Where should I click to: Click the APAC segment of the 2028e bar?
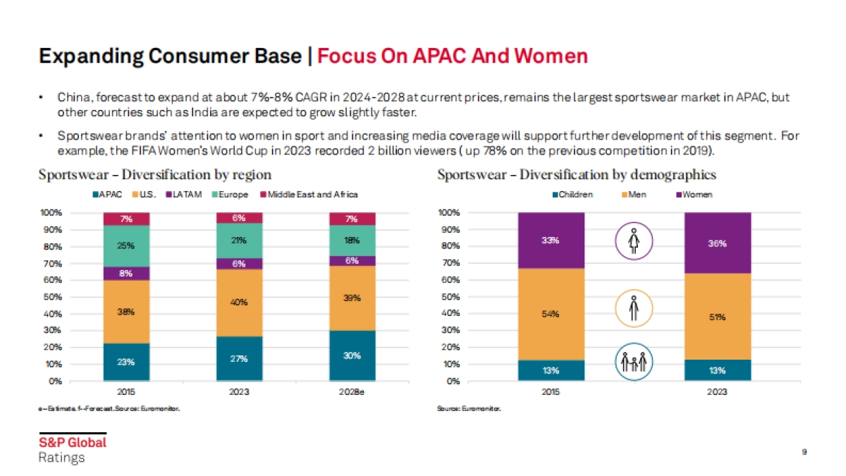click(352, 355)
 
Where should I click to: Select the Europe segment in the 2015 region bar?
click(126, 246)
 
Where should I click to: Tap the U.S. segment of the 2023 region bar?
click(240, 303)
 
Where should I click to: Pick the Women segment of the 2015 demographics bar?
click(551, 240)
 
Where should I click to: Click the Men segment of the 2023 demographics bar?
click(717, 317)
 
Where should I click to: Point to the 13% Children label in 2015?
click(551, 370)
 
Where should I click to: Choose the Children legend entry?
click(572, 195)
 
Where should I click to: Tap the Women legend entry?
click(694, 195)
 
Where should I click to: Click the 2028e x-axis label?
click(352, 391)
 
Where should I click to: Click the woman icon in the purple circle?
click(634, 240)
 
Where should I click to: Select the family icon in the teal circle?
click(634, 362)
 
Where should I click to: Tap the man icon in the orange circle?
click(634, 309)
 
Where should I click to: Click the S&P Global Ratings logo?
click(72, 449)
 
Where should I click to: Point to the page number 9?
click(804, 451)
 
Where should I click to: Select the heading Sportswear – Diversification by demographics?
click(577, 174)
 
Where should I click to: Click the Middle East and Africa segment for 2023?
click(240, 218)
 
